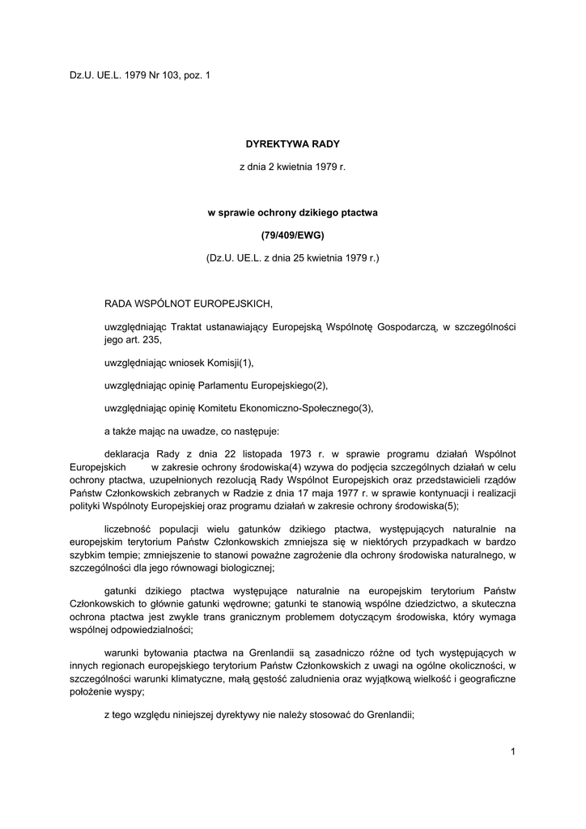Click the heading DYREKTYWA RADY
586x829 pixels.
click(x=293, y=143)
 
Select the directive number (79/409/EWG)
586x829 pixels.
click(x=293, y=235)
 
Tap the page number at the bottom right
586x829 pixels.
click(x=513, y=751)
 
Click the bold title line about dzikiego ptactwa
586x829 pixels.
click(x=293, y=212)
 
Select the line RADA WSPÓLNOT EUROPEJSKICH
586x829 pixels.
click(x=189, y=304)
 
